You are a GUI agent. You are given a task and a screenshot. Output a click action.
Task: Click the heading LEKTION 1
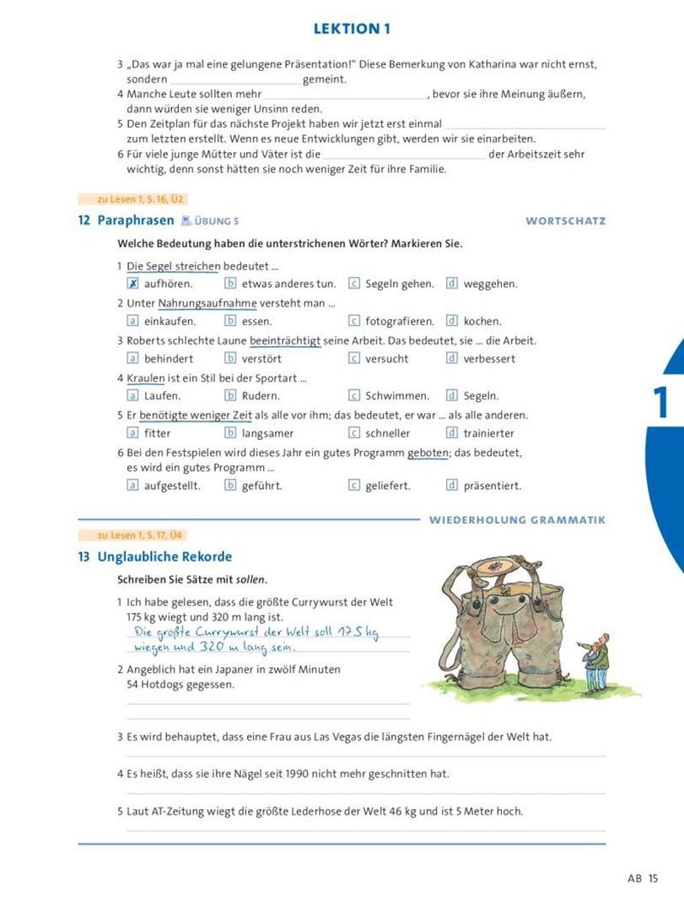(x=352, y=29)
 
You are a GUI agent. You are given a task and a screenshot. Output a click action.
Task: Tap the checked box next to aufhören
(x=132, y=284)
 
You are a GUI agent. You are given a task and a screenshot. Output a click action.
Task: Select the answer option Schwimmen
(x=397, y=395)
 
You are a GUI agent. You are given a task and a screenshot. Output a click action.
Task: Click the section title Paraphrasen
(x=136, y=221)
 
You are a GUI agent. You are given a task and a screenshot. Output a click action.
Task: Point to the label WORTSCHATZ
(x=565, y=221)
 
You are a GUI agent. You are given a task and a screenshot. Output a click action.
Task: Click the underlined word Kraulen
(x=145, y=377)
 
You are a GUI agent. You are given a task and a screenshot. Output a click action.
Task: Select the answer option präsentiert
(x=492, y=486)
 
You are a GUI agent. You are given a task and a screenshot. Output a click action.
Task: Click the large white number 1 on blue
(x=661, y=403)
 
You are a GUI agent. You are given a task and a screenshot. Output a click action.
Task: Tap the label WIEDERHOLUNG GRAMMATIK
(x=517, y=520)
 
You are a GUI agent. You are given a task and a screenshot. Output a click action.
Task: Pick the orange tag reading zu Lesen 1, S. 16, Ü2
(x=132, y=200)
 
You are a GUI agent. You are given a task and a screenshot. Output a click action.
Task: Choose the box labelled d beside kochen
(x=452, y=321)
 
